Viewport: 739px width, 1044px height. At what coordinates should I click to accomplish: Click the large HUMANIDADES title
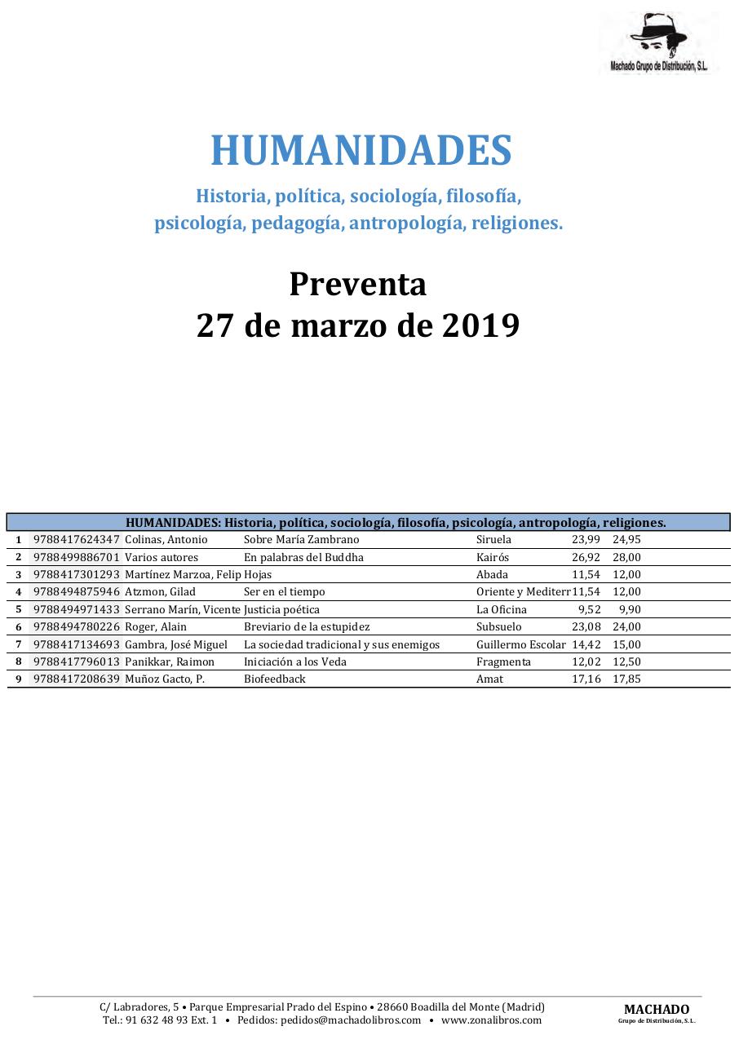(361, 151)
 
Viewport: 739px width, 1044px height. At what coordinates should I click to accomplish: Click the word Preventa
(357, 284)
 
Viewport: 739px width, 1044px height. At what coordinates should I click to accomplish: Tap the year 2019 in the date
(480, 325)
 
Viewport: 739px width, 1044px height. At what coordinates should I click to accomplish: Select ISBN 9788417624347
(77, 540)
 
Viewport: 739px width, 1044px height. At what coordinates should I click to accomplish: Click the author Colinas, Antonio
(166, 540)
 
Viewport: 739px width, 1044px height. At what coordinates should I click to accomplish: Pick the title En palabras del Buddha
(303, 557)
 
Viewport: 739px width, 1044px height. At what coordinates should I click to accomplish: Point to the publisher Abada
(492, 575)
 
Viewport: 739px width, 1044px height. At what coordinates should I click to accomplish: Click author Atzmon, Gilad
(160, 592)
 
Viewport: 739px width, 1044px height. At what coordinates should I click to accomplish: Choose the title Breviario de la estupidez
(307, 627)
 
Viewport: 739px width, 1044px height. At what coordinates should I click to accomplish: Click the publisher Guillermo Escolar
(520, 645)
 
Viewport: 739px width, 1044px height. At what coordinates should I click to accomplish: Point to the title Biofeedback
(275, 679)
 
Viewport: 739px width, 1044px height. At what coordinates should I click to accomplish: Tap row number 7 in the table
(18, 645)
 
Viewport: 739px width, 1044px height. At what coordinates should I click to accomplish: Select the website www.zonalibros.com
(491, 1020)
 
